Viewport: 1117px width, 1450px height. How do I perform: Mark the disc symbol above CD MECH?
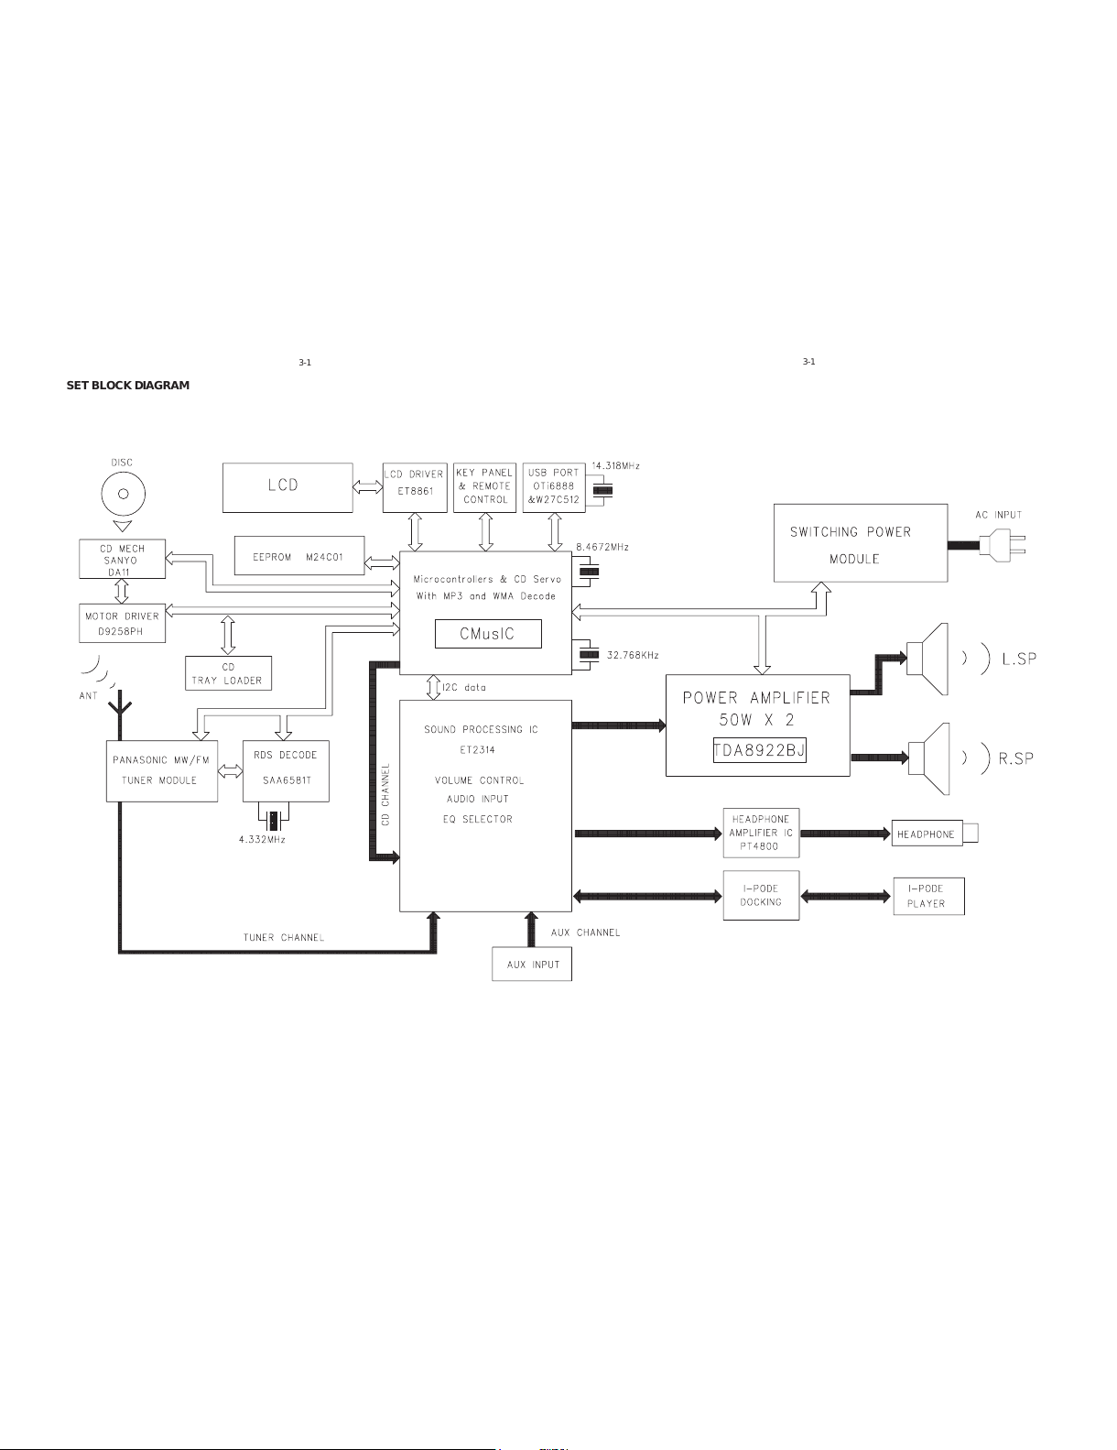[124, 494]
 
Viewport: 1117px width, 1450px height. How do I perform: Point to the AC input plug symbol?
[1003, 544]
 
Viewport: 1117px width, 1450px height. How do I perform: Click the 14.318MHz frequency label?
[616, 465]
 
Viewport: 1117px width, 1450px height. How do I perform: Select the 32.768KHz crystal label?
[633, 655]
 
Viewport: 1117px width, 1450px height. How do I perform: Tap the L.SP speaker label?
[1019, 660]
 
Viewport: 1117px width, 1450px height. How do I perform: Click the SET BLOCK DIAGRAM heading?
[128, 385]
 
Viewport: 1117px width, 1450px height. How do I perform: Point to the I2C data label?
[464, 687]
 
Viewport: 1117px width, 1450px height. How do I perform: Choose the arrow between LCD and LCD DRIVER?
[367, 488]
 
